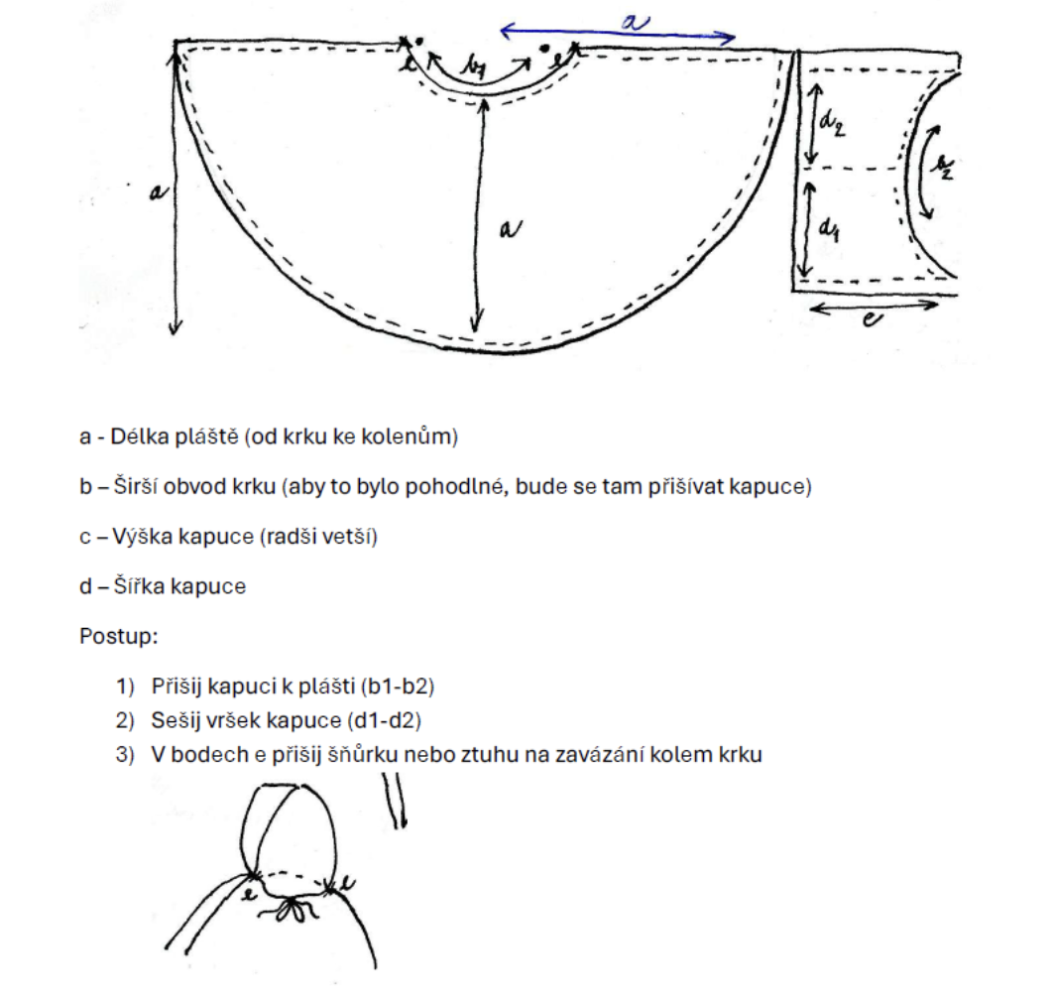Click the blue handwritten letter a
click(635, 23)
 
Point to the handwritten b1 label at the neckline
click(474, 67)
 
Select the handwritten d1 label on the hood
click(829, 229)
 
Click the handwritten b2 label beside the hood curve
click(945, 167)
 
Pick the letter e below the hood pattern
click(872, 318)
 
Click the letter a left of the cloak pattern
click(158, 192)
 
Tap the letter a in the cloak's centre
click(510, 229)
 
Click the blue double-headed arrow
click(618, 34)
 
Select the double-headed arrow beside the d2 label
click(813, 125)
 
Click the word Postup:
click(118, 636)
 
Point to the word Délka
click(139, 437)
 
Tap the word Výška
click(143, 536)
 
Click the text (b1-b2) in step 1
click(398, 687)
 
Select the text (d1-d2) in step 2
click(384, 720)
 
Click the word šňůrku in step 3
click(363, 754)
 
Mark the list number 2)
click(125, 720)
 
